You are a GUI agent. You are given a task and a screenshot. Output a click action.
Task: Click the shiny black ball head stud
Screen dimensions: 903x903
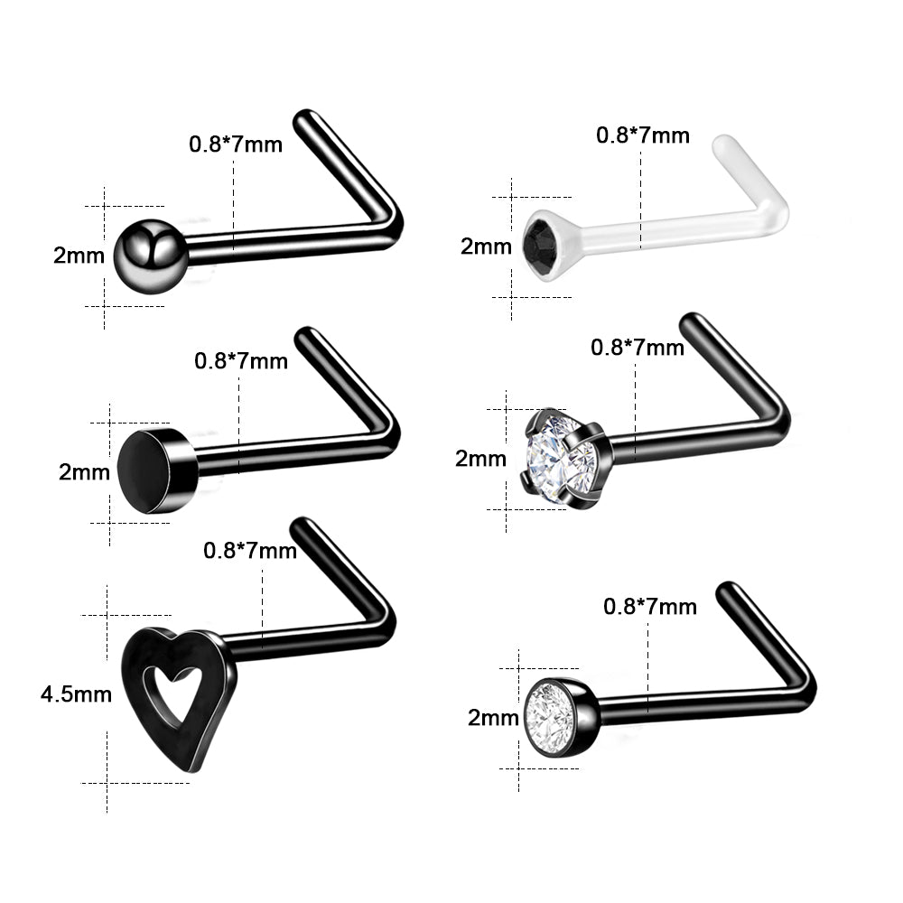(150, 256)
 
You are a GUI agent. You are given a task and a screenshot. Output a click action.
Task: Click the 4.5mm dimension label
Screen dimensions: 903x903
(76, 694)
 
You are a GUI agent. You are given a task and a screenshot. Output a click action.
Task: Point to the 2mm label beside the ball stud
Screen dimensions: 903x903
(79, 256)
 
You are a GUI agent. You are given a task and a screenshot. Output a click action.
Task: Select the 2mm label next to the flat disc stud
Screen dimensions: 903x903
(84, 472)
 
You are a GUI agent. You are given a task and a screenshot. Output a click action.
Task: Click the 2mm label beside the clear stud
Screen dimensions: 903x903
(486, 247)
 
